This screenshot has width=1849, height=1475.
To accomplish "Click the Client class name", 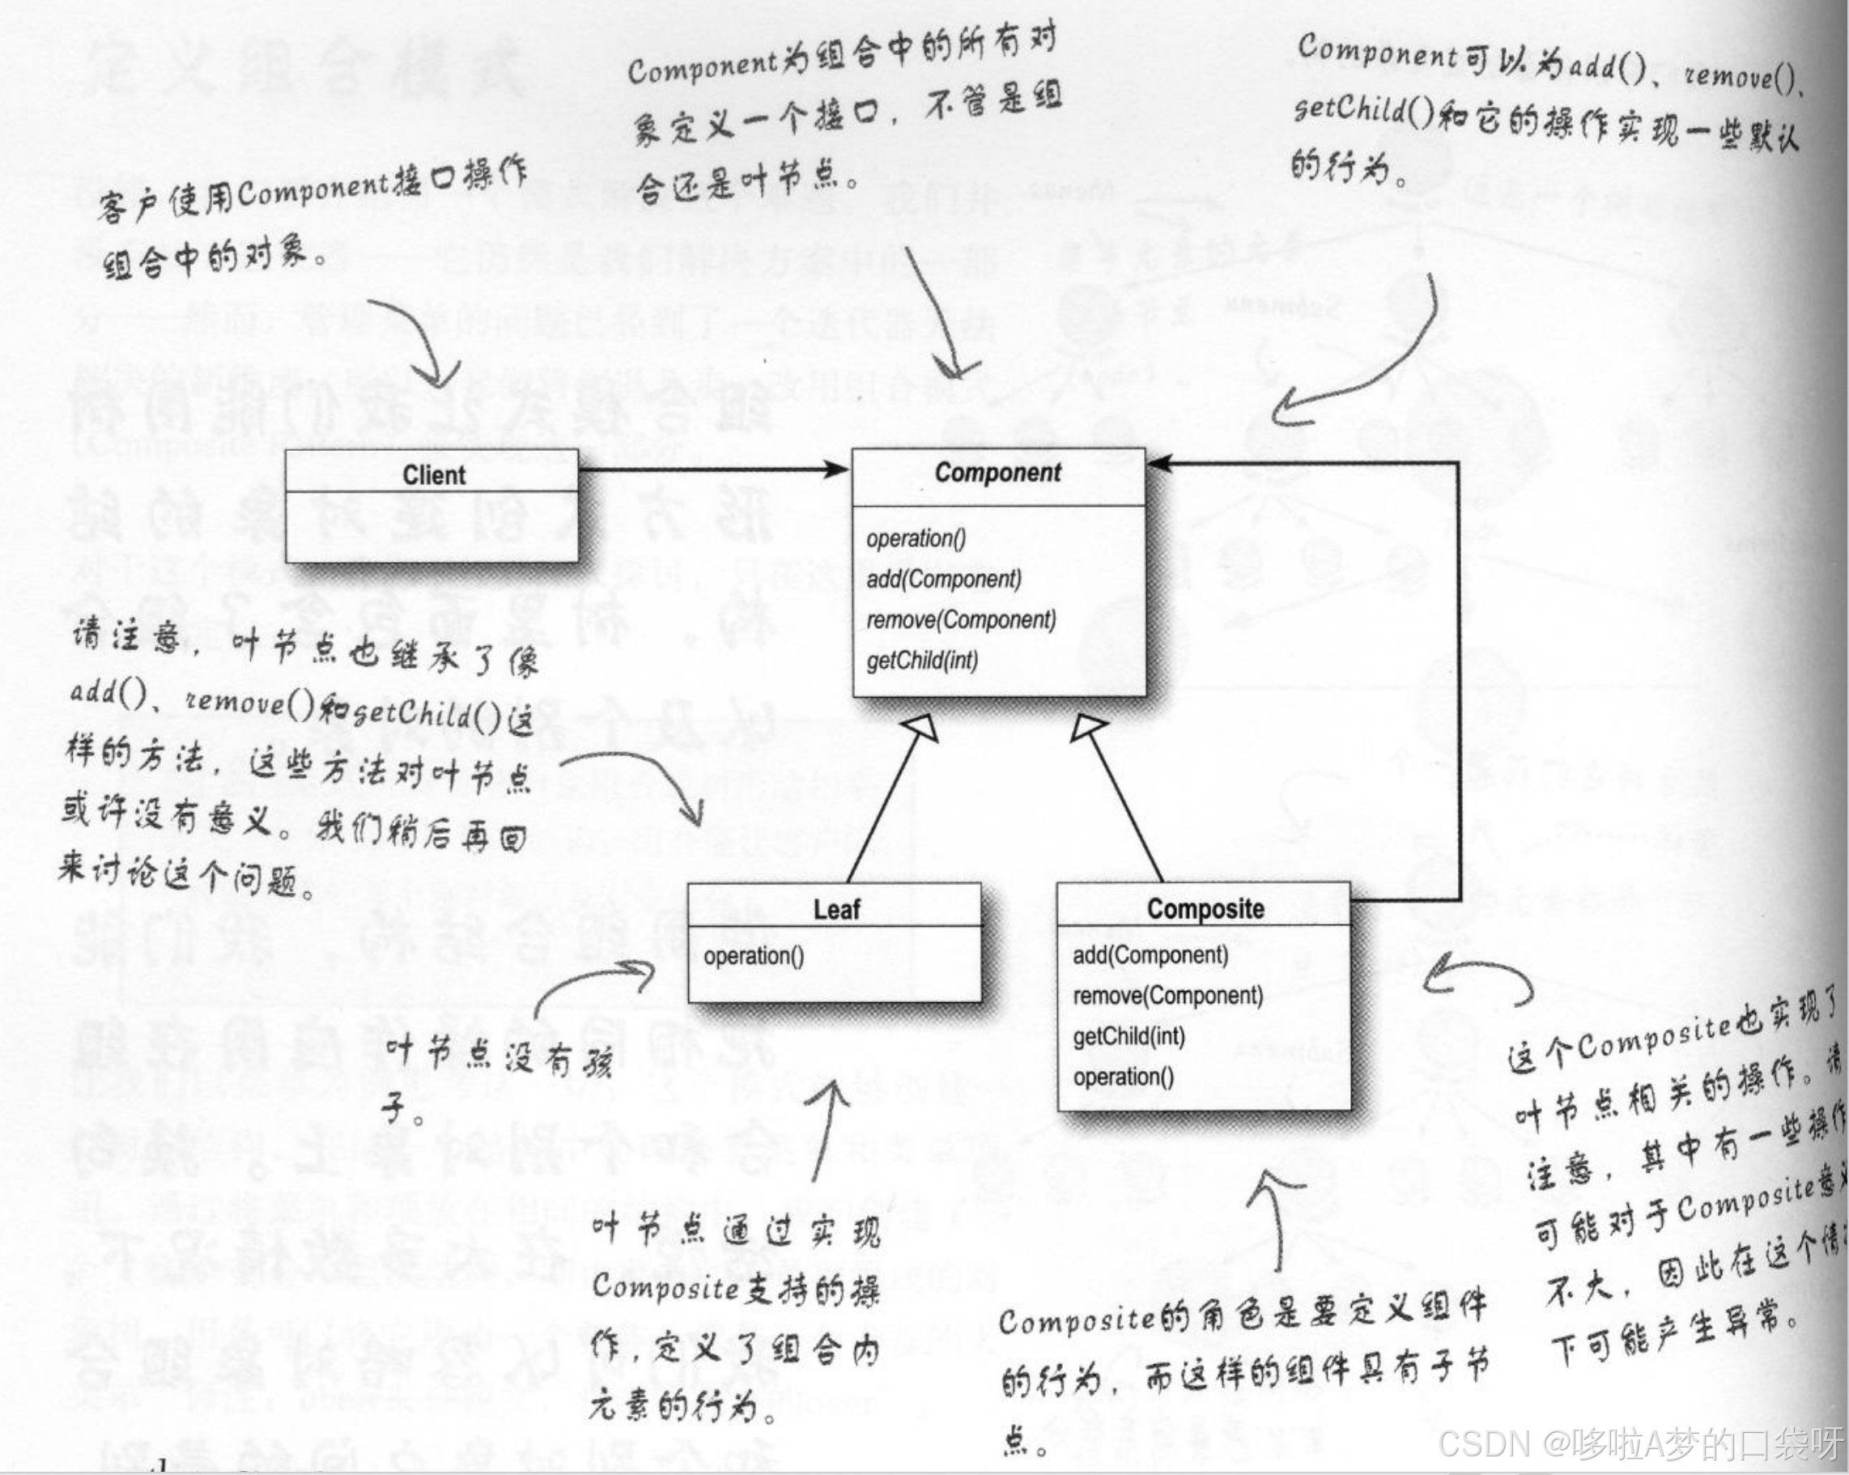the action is pos(434,475).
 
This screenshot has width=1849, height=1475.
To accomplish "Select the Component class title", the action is pos(997,473).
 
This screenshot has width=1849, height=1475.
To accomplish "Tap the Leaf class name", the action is pos(836,909).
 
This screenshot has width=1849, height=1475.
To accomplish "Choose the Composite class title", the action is pos(1205,909).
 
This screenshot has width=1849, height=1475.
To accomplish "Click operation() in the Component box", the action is pos(916,538).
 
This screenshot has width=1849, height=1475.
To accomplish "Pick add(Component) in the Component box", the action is pos(943,580).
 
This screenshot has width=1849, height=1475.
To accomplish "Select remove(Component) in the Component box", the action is pos(960,620).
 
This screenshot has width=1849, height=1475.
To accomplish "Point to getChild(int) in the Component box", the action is pos(922,661).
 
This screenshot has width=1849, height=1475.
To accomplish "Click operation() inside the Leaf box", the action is pos(754,956).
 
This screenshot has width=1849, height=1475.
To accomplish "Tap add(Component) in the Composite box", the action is pos(1150,955).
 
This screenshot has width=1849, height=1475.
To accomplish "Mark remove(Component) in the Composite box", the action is pos(1167,996).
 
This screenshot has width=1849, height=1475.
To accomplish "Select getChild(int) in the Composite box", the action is pos(1129,1037).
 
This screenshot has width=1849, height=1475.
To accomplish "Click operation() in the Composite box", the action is pos(1124,1077).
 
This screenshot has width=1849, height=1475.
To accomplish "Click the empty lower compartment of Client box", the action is pos(431,527).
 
